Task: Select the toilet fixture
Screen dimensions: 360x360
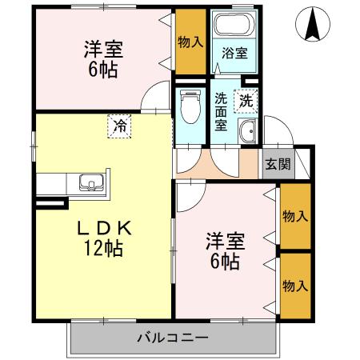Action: click(x=190, y=107)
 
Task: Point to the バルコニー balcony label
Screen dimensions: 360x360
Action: click(x=172, y=338)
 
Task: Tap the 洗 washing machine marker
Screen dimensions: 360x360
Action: click(x=246, y=102)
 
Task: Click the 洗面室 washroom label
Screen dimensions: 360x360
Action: click(x=222, y=112)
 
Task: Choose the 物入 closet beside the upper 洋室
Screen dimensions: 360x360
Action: click(x=190, y=42)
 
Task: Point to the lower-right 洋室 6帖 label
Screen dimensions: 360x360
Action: click(x=224, y=250)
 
